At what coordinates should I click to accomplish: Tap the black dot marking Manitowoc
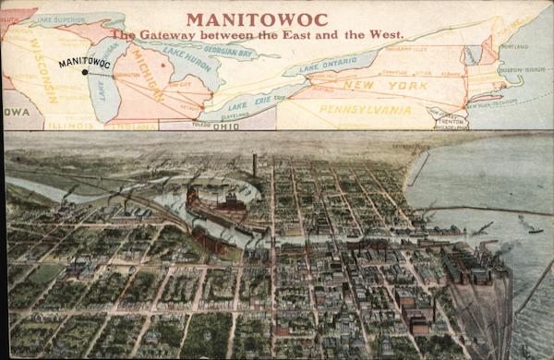click(x=85, y=71)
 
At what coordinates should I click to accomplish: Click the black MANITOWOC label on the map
click(x=84, y=62)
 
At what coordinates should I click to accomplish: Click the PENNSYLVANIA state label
click(x=365, y=109)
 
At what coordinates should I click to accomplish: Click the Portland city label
click(x=509, y=43)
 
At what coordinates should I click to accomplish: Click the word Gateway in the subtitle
click(x=173, y=35)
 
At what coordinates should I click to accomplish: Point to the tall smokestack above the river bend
click(x=254, y=164)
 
